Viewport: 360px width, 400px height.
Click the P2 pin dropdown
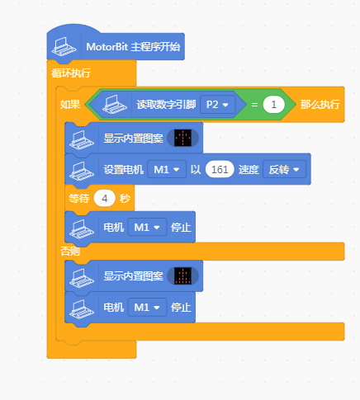click(x=218, y=105)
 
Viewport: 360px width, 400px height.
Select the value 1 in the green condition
click(x=273, y=105)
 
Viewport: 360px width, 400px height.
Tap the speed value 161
click(x=220, y=169)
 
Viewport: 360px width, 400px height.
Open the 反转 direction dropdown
click(x=284, y=169)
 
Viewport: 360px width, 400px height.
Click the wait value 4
click(x=104, y=199)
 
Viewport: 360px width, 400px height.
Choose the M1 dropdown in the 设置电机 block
click(x=167, y=169)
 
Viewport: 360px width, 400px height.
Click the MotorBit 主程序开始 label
click(x=133, y=47)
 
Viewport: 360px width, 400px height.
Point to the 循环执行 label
click(x=71, y=73)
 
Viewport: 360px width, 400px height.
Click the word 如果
click(x=70, y=105)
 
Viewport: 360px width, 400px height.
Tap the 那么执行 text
click(x=320, y=105)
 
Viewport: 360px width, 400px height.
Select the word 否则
click(x=70, y=251)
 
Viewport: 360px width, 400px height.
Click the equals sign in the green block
click(x=254, y=105)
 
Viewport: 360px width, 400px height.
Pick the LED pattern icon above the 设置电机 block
click(x=182, y=138)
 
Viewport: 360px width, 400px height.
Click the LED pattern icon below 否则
click(x=182, y=275)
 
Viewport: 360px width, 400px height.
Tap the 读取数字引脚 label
click(x=166, y=105)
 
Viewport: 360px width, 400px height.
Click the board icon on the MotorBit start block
click(x=64, y=47)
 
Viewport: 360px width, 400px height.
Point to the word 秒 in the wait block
click(x=125, y=199)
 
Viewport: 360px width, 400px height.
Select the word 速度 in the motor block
click(x=249, y=170)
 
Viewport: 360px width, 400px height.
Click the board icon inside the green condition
click(x=115, y=105)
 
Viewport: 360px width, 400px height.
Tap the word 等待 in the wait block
click(x=79, y=199)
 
